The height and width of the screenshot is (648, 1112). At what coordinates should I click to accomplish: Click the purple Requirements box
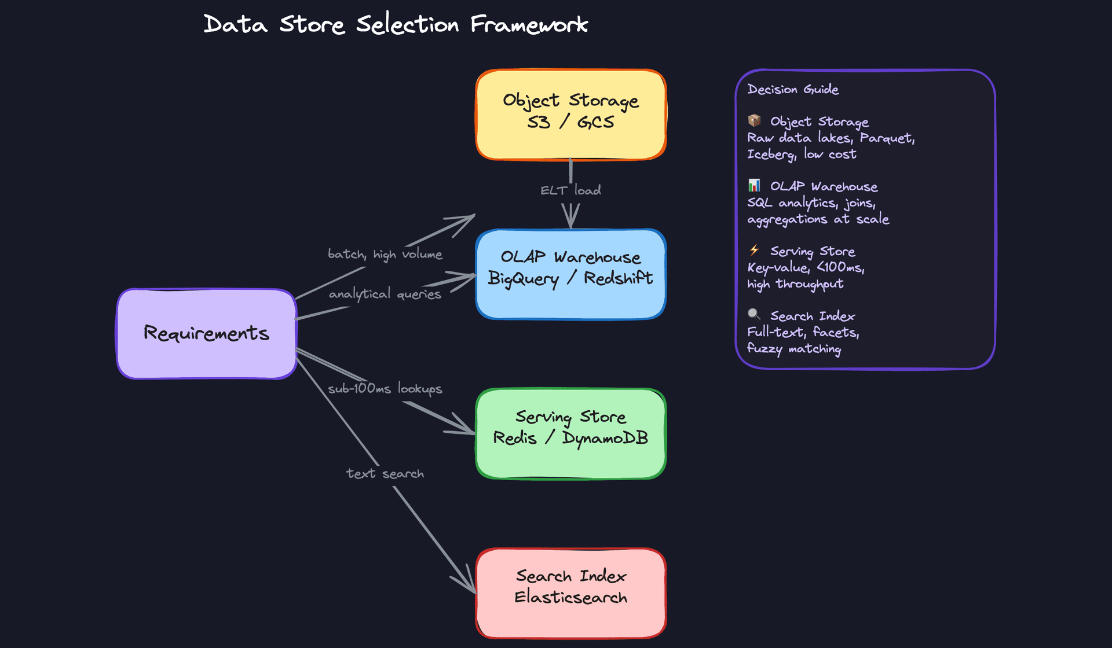coord(207,334)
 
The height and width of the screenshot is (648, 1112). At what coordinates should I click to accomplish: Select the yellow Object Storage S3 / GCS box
coord(570,115)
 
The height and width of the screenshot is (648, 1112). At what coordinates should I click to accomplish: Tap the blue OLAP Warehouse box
coord(570,274)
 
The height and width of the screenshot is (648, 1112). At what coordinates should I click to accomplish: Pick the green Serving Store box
coord(570,433)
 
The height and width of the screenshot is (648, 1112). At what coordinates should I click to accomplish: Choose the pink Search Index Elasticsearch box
coord(570,593)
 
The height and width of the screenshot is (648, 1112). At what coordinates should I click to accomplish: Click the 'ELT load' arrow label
coord(570,190)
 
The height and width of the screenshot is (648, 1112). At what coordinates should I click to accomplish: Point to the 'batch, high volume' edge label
coord(385,254)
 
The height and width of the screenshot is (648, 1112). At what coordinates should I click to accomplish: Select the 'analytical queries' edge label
coord(385,294)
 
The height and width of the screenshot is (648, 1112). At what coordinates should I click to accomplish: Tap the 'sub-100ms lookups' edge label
coord(385,389)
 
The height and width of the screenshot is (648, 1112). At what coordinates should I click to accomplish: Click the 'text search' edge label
coord(385,474)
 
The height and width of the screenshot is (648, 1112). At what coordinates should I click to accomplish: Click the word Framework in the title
coord(529,25)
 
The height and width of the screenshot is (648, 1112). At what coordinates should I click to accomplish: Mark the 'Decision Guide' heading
coord(792,89)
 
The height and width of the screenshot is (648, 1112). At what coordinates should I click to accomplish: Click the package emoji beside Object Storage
coord(754,120)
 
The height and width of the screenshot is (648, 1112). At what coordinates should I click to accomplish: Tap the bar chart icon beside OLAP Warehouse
coord(754,185)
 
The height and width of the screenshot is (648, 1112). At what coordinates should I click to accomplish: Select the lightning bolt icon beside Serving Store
coord(754,250)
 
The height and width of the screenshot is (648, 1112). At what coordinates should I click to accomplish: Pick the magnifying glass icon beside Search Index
coord(754,314)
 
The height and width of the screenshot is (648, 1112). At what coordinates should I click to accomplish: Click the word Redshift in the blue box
coord(618,278)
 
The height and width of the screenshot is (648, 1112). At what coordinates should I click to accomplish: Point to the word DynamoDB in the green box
coord(605,438)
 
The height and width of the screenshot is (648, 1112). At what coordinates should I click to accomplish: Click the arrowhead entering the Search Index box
coord(468,583)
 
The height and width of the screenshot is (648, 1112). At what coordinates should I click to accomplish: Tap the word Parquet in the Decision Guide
coord(886,138)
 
